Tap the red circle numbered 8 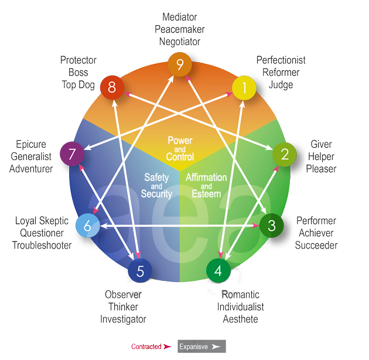coord(111,89)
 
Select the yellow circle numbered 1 coord(245,89)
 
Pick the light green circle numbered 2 coord(285,154)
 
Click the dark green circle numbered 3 coord(271,225)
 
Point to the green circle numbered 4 coord(218,270)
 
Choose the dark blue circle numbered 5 coord(140,271)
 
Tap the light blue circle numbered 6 coord(87,225)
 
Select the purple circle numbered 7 coord(73,155)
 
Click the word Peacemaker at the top coord(179,29)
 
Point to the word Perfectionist coord(281,60)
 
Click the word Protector coord(78,60)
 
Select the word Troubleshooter coord(42,245)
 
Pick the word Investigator coord(123,319)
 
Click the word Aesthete coord(240,319)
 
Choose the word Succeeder coord(316,245)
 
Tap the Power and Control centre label coord(180,148)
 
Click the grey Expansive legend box coord(201,347)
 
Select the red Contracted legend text coord(146,347)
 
